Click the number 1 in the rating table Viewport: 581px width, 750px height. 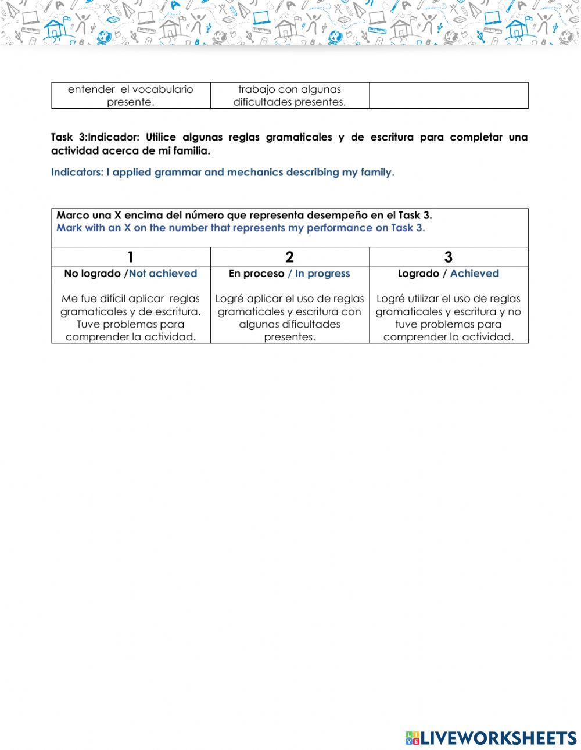(x=131, y=257)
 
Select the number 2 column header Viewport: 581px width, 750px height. (x=289, y=257)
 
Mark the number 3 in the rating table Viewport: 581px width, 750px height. (x=448, y=257)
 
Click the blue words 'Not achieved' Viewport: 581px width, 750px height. (x=163, y=274)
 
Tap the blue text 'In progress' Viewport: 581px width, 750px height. (x=322, y=274)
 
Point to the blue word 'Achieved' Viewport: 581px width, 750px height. (x=474, y=274)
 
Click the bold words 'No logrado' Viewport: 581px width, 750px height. (x=92, y=274)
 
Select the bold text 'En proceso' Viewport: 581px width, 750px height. (x=256, y=274)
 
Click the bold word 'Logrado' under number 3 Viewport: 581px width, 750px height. (x=418, y=274)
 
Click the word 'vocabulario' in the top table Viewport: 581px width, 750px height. (x=163, y=89)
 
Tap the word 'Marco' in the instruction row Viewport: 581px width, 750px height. (x=73, y=216)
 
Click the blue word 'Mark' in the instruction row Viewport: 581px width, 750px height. (x=69, y=228)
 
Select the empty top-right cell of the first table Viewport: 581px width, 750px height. (x=449, y=95)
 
